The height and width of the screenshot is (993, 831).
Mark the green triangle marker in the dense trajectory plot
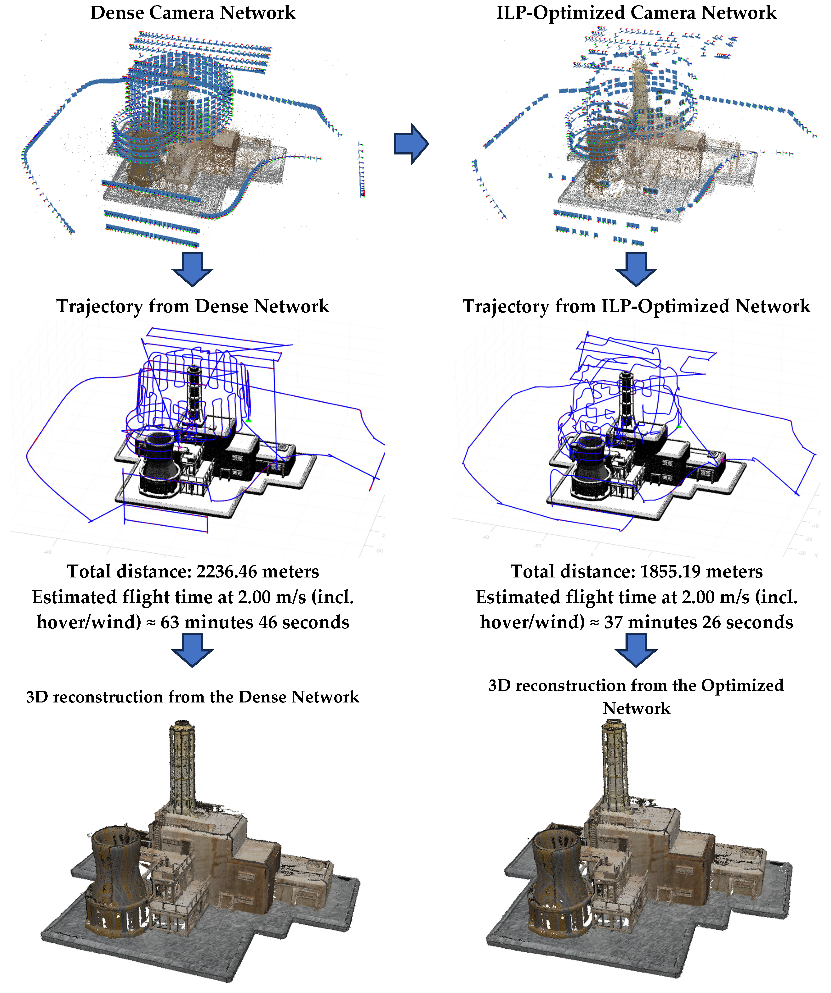[248, 420]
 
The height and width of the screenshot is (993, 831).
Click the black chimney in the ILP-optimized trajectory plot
[626, 397]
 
